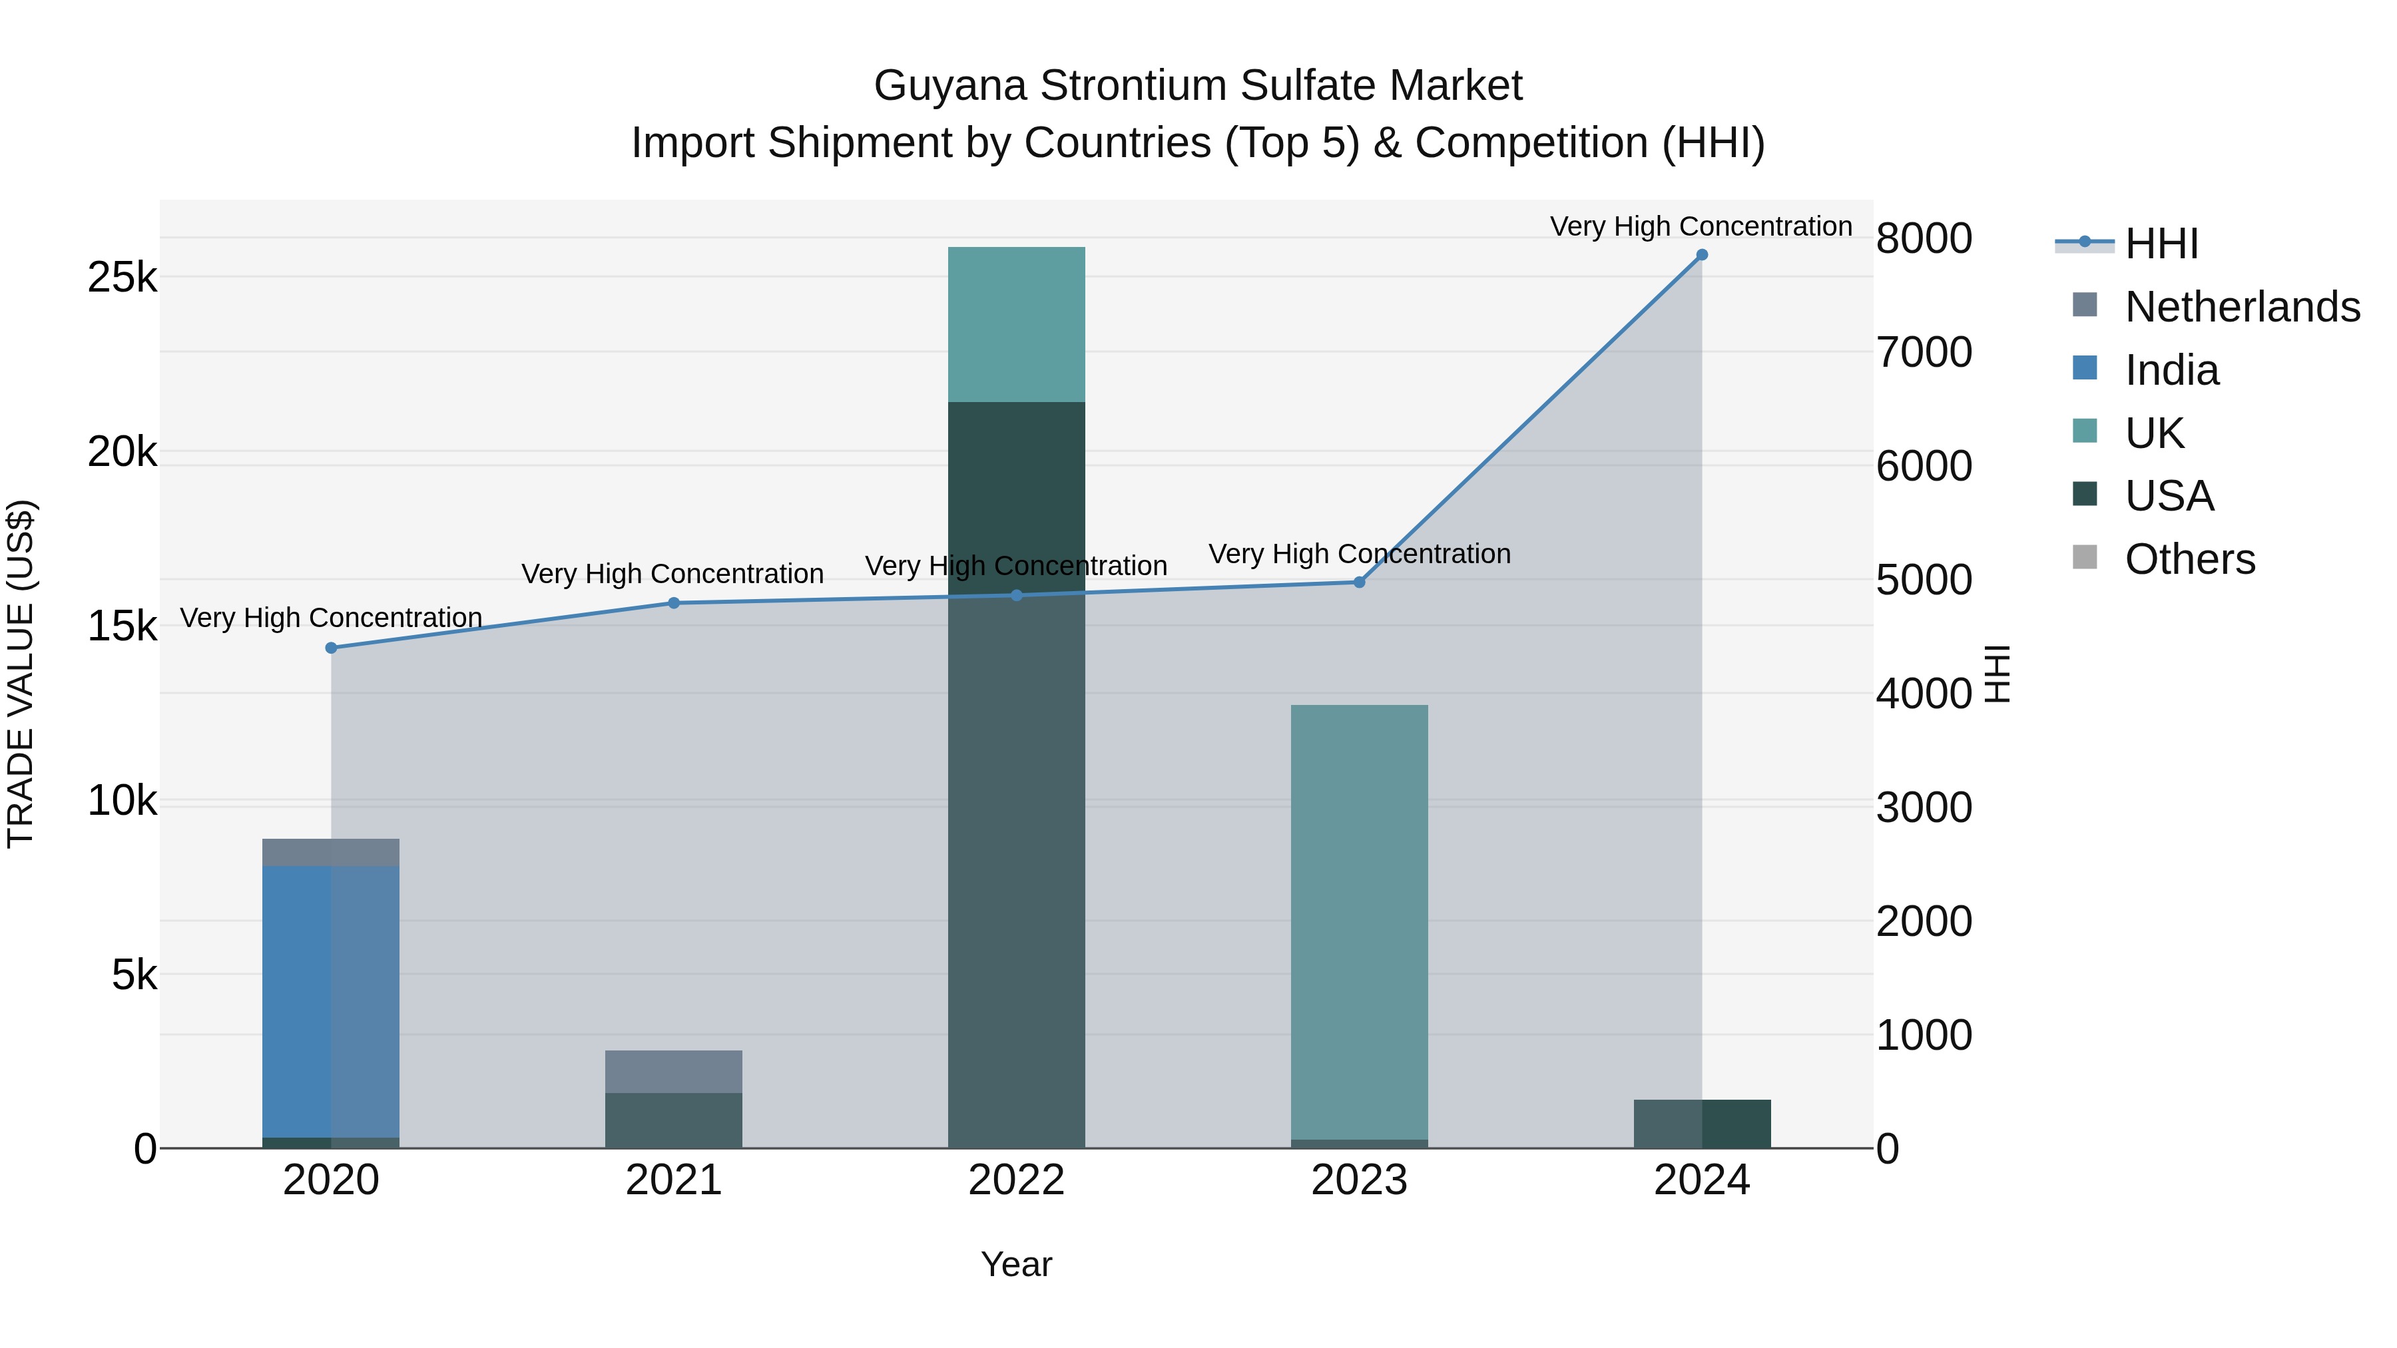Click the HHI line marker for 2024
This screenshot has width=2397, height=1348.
[1702, 255]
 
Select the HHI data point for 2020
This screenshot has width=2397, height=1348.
[332, 648]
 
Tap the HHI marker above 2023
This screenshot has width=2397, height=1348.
[1358, 582]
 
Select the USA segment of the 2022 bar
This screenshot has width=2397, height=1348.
[1016, 772]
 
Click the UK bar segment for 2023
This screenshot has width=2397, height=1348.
[1358, 921]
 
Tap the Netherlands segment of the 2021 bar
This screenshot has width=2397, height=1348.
[674, 1072]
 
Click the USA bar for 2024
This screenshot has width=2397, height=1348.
[1702, 1124]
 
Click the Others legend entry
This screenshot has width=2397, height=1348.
[2189, 559]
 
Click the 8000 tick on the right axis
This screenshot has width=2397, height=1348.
[1924, 238]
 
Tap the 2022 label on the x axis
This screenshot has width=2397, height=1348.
[1016, 1180]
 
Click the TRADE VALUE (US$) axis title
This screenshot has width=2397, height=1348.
[21, 674]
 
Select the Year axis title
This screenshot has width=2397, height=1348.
[1016, 1264]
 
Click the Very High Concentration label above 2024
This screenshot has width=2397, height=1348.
[1701, 226]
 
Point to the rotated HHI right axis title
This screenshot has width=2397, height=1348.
[1998, 674]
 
